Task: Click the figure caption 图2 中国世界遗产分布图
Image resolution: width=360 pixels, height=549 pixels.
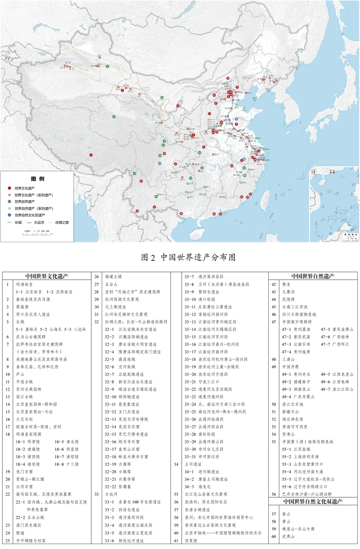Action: click(189, 258)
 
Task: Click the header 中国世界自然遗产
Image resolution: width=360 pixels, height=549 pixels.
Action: click(313, 276)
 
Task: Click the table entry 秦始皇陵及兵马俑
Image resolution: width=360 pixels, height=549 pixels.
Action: click(34, 299)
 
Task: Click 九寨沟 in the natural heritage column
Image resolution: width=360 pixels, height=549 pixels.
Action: click(288, 292)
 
